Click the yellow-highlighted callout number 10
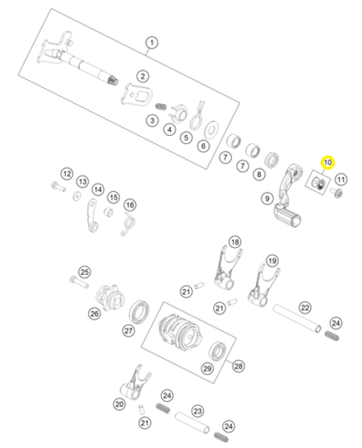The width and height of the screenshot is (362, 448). pyautogui.click(x=327, y=162)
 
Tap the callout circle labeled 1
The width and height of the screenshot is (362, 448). pyautogui.click(x=152, y=43)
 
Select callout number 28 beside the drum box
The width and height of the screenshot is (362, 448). pyautogui.click(x=239, y=366)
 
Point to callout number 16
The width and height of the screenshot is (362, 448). pyautogui.click(x=130, y=205)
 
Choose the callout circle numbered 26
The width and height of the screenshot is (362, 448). pyautogui.click(x=95, y=314)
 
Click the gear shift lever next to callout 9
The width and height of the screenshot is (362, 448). pyautogui.click(x=286, y=197)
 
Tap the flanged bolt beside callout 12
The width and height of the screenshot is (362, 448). pyautogui.click(x=58, y=187)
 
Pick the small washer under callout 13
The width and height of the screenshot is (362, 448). pyautogui.click(x=77, y=197)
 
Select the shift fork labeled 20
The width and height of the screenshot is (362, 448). pyautogui.click(x=135, y=383)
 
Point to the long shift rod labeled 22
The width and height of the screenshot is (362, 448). pyautogui.click(x=297, y=318)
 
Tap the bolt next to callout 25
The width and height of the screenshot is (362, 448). pyautogui.click(x=79, y=282)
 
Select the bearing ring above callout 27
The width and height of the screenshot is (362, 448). pyautogui.click(x=139, y=312)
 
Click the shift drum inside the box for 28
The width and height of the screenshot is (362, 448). pyautogui.click(x=180, y=331)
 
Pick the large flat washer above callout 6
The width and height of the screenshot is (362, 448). pyautogui.click(x=211, y=130)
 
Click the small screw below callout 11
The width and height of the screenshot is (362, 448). pyautogui.click(x=336, y=193)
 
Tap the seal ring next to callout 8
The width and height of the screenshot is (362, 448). pyautogui.click(x=272, y=161)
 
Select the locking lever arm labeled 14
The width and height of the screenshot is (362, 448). pyautogui.click(x=92, y=215)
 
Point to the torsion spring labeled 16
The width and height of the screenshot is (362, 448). pyautogui.click(x=128, y=224)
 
